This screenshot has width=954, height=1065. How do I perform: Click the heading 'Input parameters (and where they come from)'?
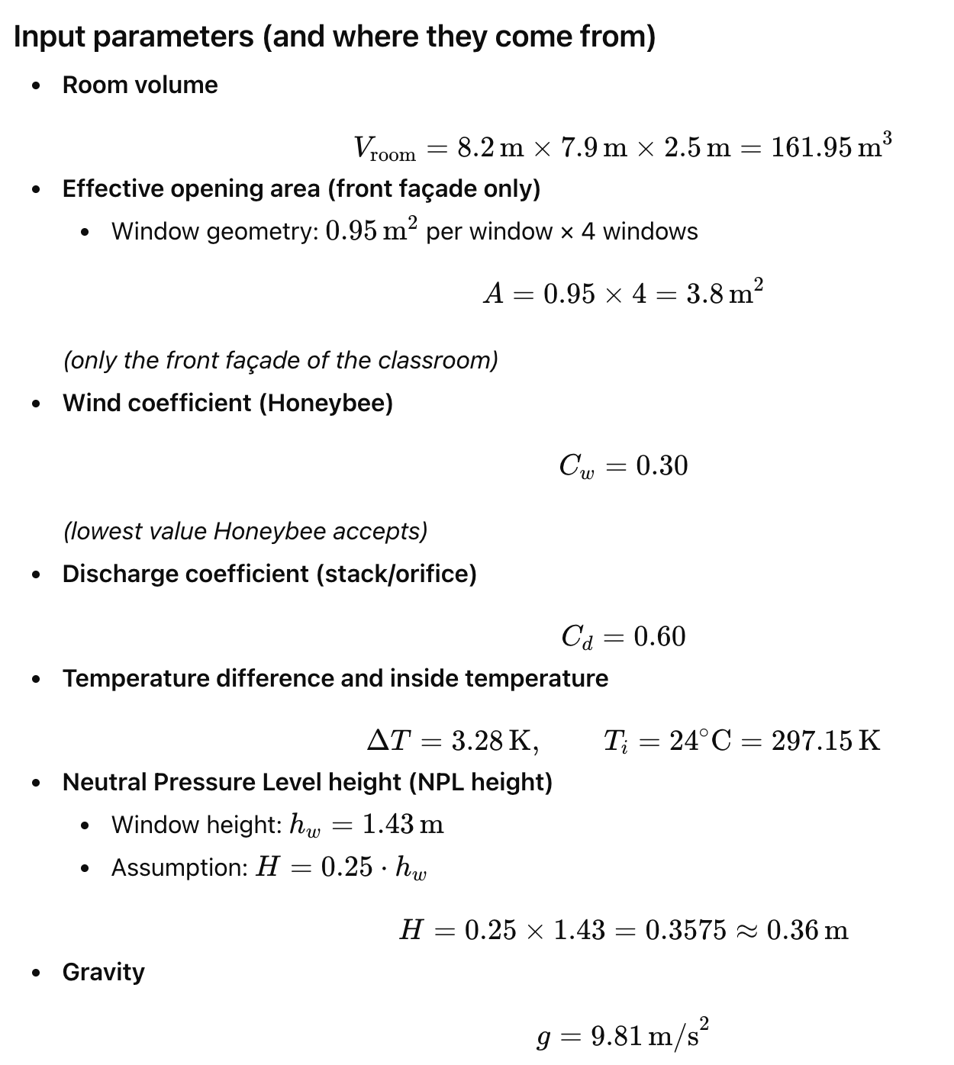[x=334, y=37]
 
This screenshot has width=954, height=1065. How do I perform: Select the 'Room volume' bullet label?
[x=140, y=85]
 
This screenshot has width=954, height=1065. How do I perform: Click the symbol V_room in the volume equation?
[x=384, y=147]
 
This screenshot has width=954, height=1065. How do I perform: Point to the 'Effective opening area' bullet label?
[x=301, y=188]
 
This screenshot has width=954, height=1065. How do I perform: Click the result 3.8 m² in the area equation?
[x=724, y=293]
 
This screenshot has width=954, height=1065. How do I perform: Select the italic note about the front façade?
[x=280, y=359]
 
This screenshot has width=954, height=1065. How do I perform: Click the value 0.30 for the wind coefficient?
[x=662, y=465]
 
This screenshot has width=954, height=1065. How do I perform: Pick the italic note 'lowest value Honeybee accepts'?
[x=245, y=530]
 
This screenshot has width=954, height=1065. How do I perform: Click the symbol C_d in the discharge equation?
[x=577, y=637]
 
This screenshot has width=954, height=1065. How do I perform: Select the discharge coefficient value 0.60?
[x=660, y=636]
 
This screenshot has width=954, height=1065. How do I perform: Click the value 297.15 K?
[x=826, y=740]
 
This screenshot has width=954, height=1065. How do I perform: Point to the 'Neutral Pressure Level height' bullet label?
[x=307, y=782]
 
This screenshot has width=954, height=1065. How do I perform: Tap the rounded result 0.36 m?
[x=807, y=930]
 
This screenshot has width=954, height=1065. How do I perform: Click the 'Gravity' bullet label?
[x=103, y=972]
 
